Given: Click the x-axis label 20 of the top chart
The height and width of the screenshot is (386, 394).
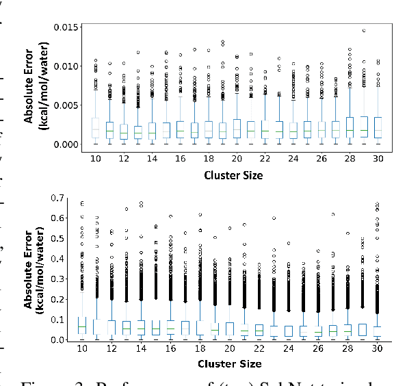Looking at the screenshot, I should (236, 159).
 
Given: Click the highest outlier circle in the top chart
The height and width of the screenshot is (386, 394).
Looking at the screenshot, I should (363, 31).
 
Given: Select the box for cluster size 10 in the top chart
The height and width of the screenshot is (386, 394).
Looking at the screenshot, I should (96, 128).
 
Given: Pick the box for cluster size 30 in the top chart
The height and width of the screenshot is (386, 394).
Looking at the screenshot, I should (377, 128).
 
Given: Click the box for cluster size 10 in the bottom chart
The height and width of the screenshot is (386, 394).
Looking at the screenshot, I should (82, 326).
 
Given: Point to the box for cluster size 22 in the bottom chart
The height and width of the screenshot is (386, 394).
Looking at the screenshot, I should (259, 330).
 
